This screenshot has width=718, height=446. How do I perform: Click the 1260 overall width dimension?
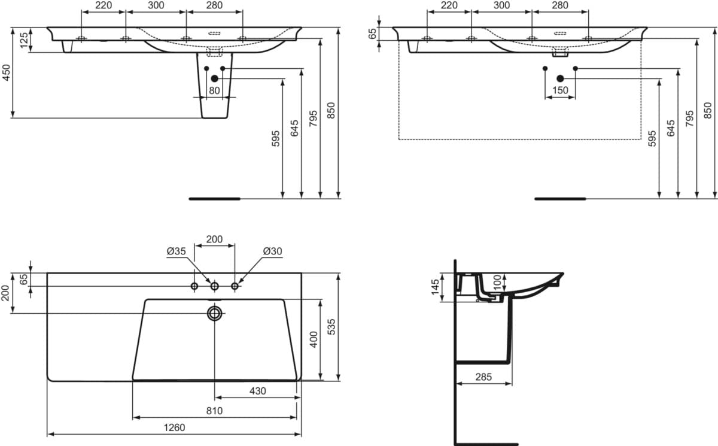[x=174, y=427]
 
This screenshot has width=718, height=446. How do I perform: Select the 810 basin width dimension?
[x=214, y=411]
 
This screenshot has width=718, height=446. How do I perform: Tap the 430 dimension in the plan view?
[x=258, y=391]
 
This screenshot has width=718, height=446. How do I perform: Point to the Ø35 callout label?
[x=177, y=251]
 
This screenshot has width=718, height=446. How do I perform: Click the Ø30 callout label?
[x=272, y=251]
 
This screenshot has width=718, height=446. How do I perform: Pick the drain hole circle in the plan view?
[x=215, y=313]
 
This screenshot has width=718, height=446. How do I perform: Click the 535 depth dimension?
[x=331, y=327]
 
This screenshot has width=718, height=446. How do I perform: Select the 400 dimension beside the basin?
[x=314, y=339]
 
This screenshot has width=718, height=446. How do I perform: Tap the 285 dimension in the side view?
[x=483, y=377]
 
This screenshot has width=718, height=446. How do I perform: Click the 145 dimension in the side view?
[x=435, y=287]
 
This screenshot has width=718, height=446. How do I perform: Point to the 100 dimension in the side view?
[x=497, y=283]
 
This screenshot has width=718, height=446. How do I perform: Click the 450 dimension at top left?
[x=6, y=72]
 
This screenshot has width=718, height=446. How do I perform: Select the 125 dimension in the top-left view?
[x=25, y=40]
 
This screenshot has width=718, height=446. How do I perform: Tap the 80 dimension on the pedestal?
[x=214, y=90]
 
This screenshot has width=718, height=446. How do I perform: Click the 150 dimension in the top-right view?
[x=560, y=90]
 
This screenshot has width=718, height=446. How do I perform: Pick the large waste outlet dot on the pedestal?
[x=215, y=78]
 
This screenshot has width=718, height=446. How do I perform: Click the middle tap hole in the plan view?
[x=215, y=286]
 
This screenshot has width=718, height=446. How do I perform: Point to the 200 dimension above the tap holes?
[x=214, y=239]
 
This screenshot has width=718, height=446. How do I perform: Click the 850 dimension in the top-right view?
[x=708, y=110]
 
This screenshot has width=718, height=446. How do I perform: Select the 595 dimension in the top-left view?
[x=276, y=138]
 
